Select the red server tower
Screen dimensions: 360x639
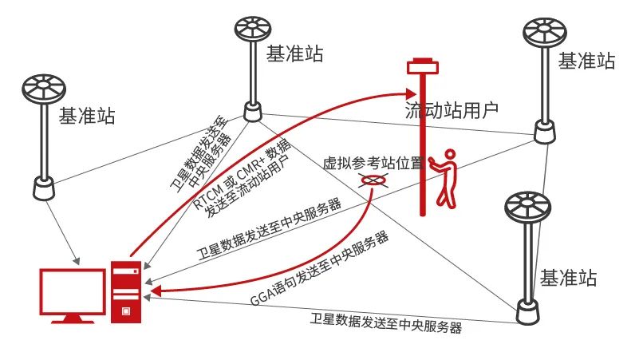[126, 291]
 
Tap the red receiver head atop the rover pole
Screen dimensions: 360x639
[423, 65]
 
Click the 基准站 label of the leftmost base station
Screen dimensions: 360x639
[87, 117]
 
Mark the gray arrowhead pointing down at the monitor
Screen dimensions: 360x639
[77, 259]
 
